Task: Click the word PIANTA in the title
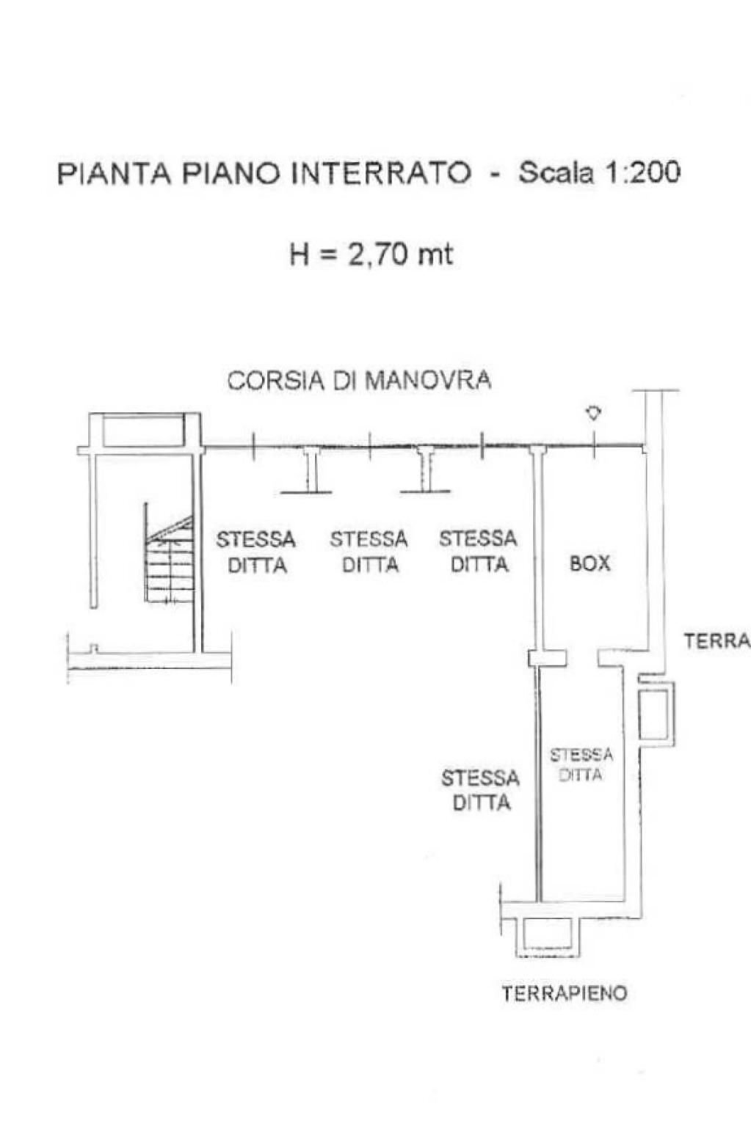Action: coord(115,174)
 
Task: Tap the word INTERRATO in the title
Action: coord(381,174)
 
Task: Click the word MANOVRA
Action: coord(428,380)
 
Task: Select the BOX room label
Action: coord(590,563)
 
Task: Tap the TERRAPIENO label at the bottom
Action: coord(565,994)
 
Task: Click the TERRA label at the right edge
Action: coord(716,641)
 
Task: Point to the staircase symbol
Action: coord(170,561)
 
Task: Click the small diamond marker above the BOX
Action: coord(593,414)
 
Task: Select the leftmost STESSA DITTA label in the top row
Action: coord(256,552)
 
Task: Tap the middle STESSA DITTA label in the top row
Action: coord(369,552)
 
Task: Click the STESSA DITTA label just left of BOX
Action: coord(478,552)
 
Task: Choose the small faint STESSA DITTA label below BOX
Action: coord(581,764)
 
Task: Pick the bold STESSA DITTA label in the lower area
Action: coord(481,789)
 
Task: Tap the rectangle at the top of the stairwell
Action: coord(143,431)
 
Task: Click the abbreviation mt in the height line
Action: coord(435,255)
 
